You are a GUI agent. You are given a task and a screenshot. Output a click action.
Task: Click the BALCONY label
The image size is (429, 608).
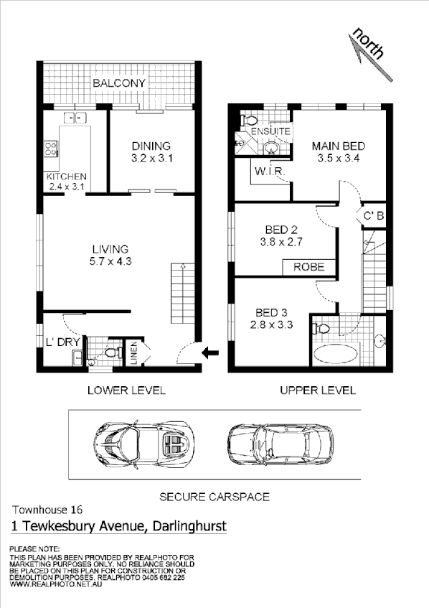(x=118, y=83)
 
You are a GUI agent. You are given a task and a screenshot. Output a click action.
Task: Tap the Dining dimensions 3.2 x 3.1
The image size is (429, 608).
(x=153, y=158)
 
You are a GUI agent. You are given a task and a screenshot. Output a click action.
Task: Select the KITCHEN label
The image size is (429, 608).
(x=66, y=177)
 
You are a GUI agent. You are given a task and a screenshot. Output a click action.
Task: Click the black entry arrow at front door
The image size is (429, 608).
(x=211, y=352)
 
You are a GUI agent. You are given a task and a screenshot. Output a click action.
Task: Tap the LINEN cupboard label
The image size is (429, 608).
(x=134, y=355)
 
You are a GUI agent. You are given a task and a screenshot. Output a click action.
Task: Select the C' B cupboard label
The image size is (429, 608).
(x=373, y=215)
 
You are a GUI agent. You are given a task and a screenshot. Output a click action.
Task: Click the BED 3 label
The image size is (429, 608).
(x=271, y=312)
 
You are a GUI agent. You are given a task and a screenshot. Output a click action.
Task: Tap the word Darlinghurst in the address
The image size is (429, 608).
(x=187, y=526)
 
